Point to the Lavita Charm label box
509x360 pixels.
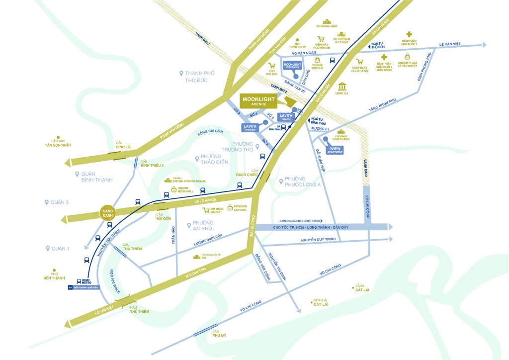285,117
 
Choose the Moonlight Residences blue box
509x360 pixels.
292,66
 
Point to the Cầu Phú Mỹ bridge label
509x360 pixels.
215,334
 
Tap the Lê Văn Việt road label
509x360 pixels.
449,44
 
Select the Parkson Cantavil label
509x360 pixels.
240,209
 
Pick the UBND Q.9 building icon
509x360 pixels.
342,87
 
